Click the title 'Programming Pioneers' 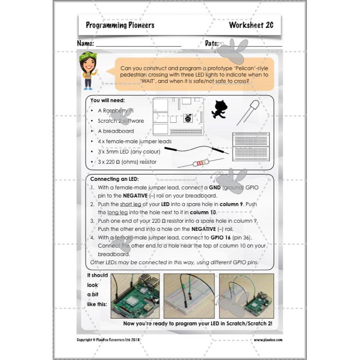point(120,25)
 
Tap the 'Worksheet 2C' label point(251,25)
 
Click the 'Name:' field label point(85,44)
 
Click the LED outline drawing point(250,112)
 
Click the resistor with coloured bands point(200,162)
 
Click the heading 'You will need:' point(108,100)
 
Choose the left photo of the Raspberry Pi point(135,296)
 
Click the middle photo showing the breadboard point(189,296)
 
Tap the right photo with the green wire point(247,296)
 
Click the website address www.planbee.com point(268,340)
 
